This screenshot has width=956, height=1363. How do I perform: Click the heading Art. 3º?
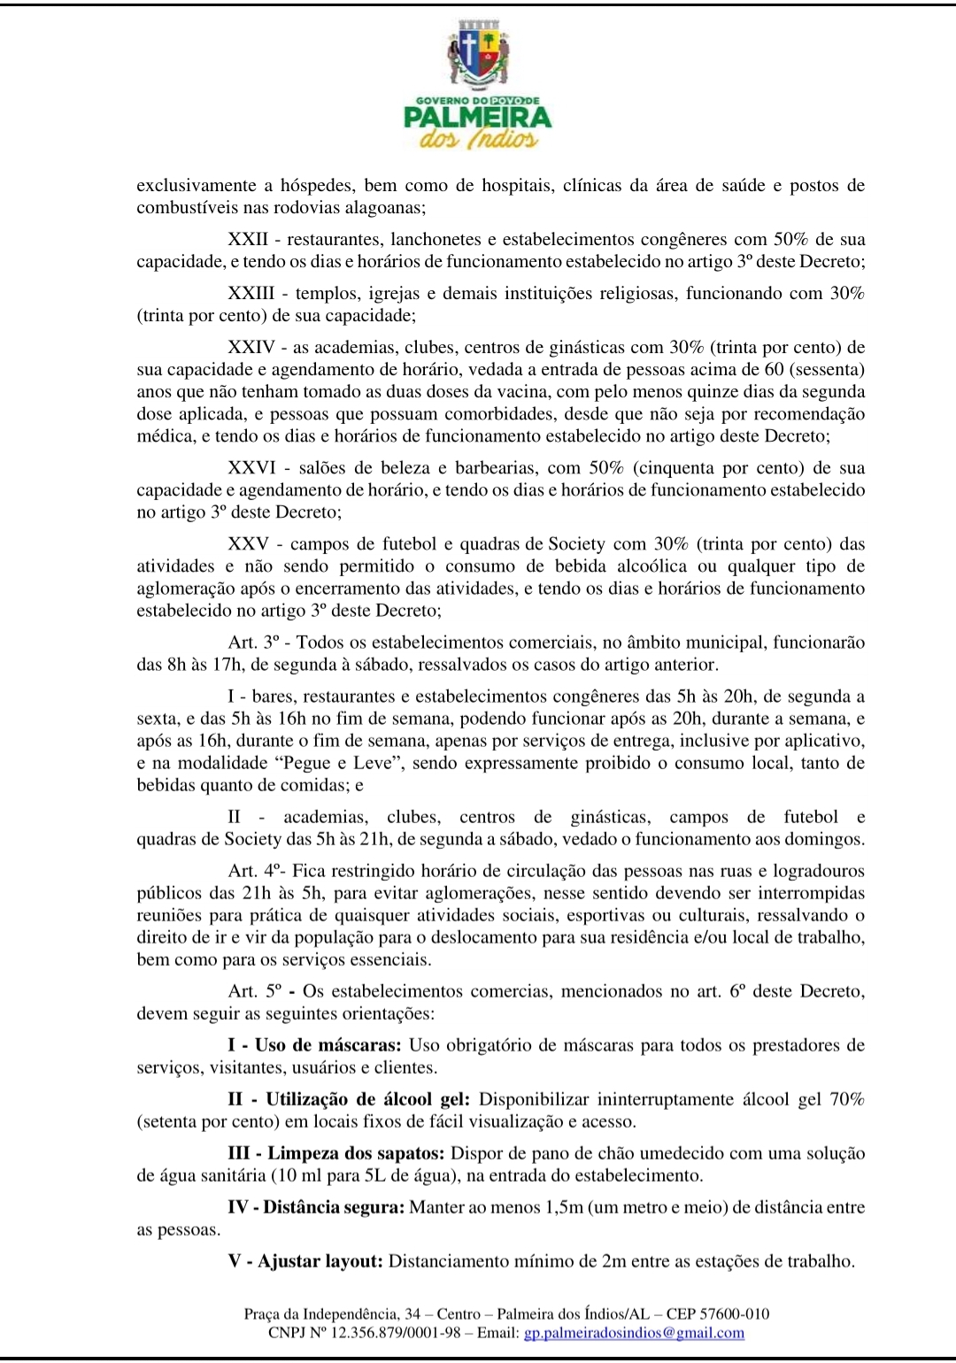pyautogui.click(x=254, y=643)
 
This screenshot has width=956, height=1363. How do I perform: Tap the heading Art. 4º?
pyautogui.click(x=254, y=872)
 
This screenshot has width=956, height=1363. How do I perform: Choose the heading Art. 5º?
pyautogui.click(x=255, y=991)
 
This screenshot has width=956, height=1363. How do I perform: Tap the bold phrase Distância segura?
pyautogui.click(x=333, y=1207)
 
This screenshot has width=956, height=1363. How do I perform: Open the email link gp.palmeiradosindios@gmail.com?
pyautogui.click(x=634, y=1333)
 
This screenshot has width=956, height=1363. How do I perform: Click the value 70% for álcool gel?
pyautogui.click(x=846, y=1100)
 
